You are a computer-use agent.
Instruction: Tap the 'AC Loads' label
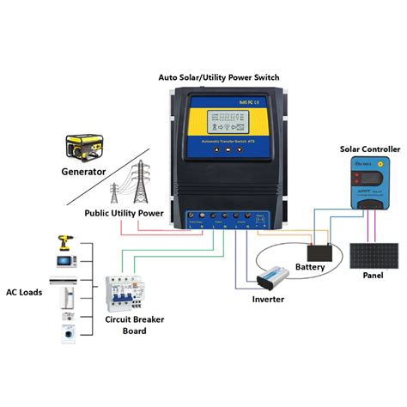(25, 290)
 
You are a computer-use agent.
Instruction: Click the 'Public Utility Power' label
(124, 212)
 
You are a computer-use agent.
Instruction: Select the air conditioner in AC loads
(65, 280)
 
